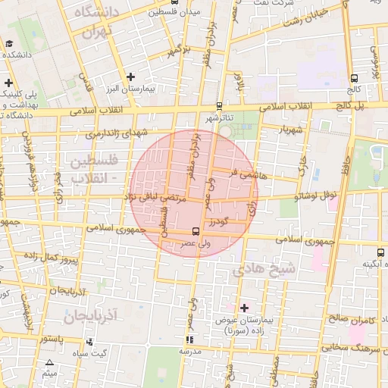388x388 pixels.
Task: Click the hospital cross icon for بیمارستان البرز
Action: (x=131, y=77)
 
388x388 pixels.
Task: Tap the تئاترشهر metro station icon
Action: (x=220, y=106)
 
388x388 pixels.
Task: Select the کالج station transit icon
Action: (x=355, y=78)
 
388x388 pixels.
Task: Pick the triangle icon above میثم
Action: (x=49, y=362)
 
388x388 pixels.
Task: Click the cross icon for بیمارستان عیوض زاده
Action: (x=244, y=307)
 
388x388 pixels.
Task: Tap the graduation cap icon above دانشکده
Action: (x=11, y=42)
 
